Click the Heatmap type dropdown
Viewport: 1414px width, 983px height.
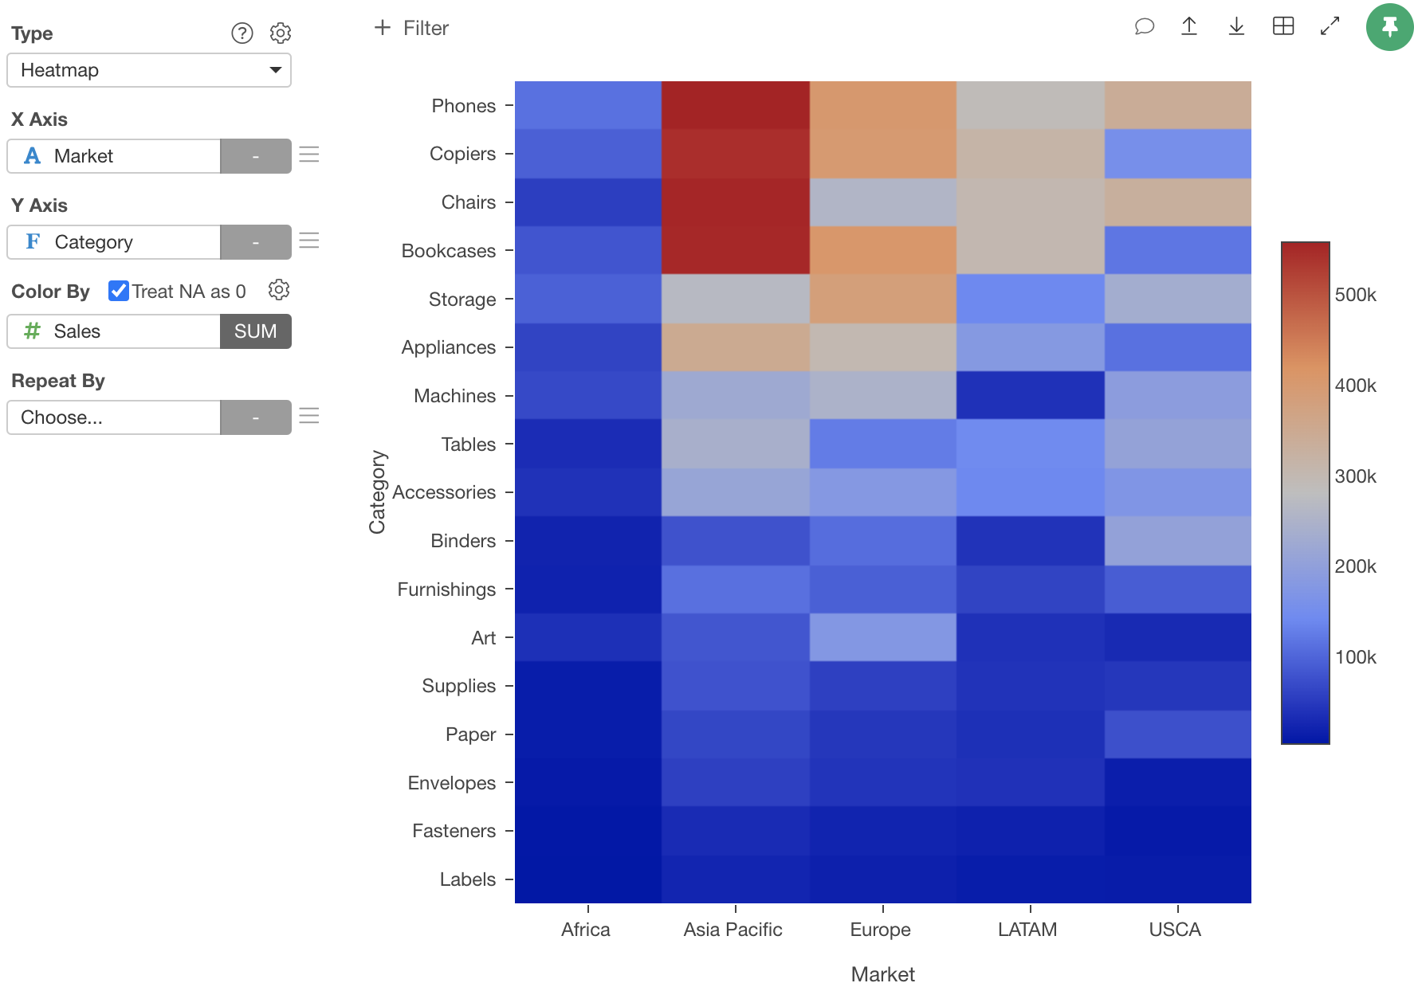(x=148, y=70)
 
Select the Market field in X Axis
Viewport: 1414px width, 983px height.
(x=114, y=156)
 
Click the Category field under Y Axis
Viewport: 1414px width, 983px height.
(x=114, y=242)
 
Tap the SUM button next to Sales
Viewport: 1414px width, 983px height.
(x=255, y=331)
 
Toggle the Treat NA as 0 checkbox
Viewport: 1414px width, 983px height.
(x=119, y=291)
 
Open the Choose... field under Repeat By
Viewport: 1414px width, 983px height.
(x=114, y=417)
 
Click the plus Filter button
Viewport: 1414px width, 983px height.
(x=411, y=28)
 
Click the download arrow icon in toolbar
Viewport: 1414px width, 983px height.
(x=1236, y=26)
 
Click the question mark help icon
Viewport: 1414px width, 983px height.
(x=242, y=33)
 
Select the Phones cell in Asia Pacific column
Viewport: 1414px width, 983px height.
(x=735, y=105)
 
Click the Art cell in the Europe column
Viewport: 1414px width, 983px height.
(x=882, y=637)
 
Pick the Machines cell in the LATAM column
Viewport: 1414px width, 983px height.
(x=1030, y=395)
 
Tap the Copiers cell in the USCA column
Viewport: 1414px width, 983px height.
(x=1177, y=154)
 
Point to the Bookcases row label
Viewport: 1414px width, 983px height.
(x=448, y=251)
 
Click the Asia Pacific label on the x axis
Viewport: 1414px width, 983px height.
(x=733, y=930)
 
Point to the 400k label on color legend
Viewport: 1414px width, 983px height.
(x=1355, y=386)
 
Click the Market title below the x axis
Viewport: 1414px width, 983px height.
(x=882, y=973)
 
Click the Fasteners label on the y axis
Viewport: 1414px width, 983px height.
(x=454, y=831)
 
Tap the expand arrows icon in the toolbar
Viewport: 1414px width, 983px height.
(x=1330, y=26)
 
